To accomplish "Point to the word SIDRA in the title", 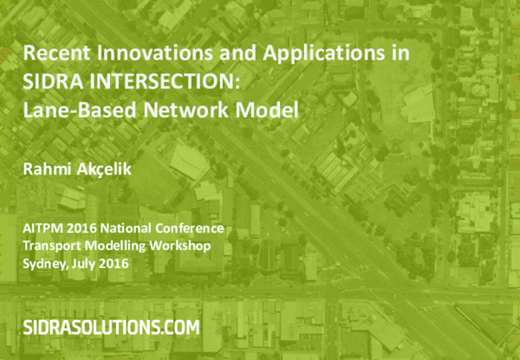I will click(52, 82).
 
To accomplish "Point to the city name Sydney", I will click(42, 264).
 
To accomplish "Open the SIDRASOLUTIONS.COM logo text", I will click(110, 327).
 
